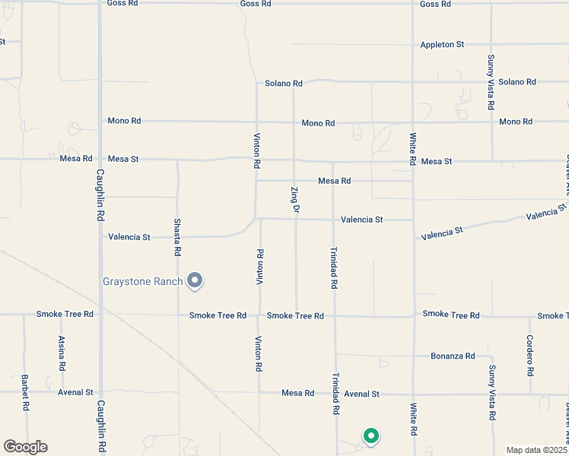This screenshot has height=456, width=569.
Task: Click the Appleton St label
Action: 442,45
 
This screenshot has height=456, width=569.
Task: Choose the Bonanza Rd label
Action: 453,356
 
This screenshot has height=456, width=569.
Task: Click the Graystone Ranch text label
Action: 143,282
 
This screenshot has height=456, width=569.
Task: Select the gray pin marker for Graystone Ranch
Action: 195,280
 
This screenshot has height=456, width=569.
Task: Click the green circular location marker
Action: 371,436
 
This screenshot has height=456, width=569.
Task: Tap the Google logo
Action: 25,447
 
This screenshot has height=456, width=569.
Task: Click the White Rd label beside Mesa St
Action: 412,150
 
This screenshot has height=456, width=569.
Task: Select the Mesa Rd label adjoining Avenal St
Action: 297,393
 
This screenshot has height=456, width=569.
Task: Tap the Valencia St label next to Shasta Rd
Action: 129,237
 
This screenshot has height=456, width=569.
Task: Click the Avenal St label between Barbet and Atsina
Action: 75,393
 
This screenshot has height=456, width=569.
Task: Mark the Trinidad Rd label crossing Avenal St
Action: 334,394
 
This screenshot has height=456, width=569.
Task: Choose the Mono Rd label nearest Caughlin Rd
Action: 125,120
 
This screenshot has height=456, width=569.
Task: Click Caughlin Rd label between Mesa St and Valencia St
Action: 100,195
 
